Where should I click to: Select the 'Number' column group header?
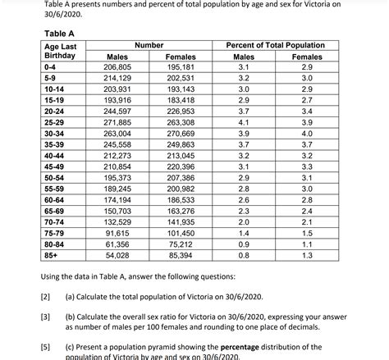(x=149, y=45)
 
